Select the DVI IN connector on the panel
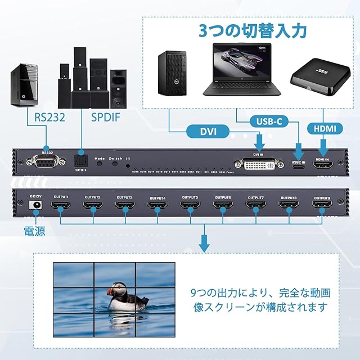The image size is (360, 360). tap(259, 164)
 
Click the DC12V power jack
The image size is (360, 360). tap(36, 206)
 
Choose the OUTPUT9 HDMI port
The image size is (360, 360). tap(321, 209)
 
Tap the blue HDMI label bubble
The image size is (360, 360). tap(325, 129)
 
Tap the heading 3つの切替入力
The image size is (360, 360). tap(253, 30)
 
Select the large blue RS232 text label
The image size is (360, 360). tap(49, 117)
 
